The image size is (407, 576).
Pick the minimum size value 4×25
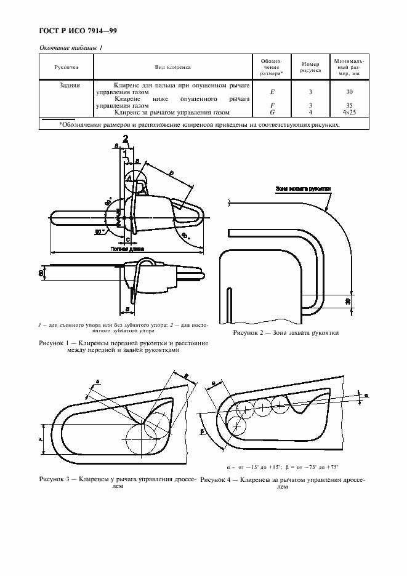349,113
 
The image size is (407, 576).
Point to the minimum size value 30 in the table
349,92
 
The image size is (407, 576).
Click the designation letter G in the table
272,113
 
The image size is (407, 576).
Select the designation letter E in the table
272,92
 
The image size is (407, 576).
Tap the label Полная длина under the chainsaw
127,250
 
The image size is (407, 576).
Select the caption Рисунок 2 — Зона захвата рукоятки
286,333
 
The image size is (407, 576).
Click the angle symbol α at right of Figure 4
365,392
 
